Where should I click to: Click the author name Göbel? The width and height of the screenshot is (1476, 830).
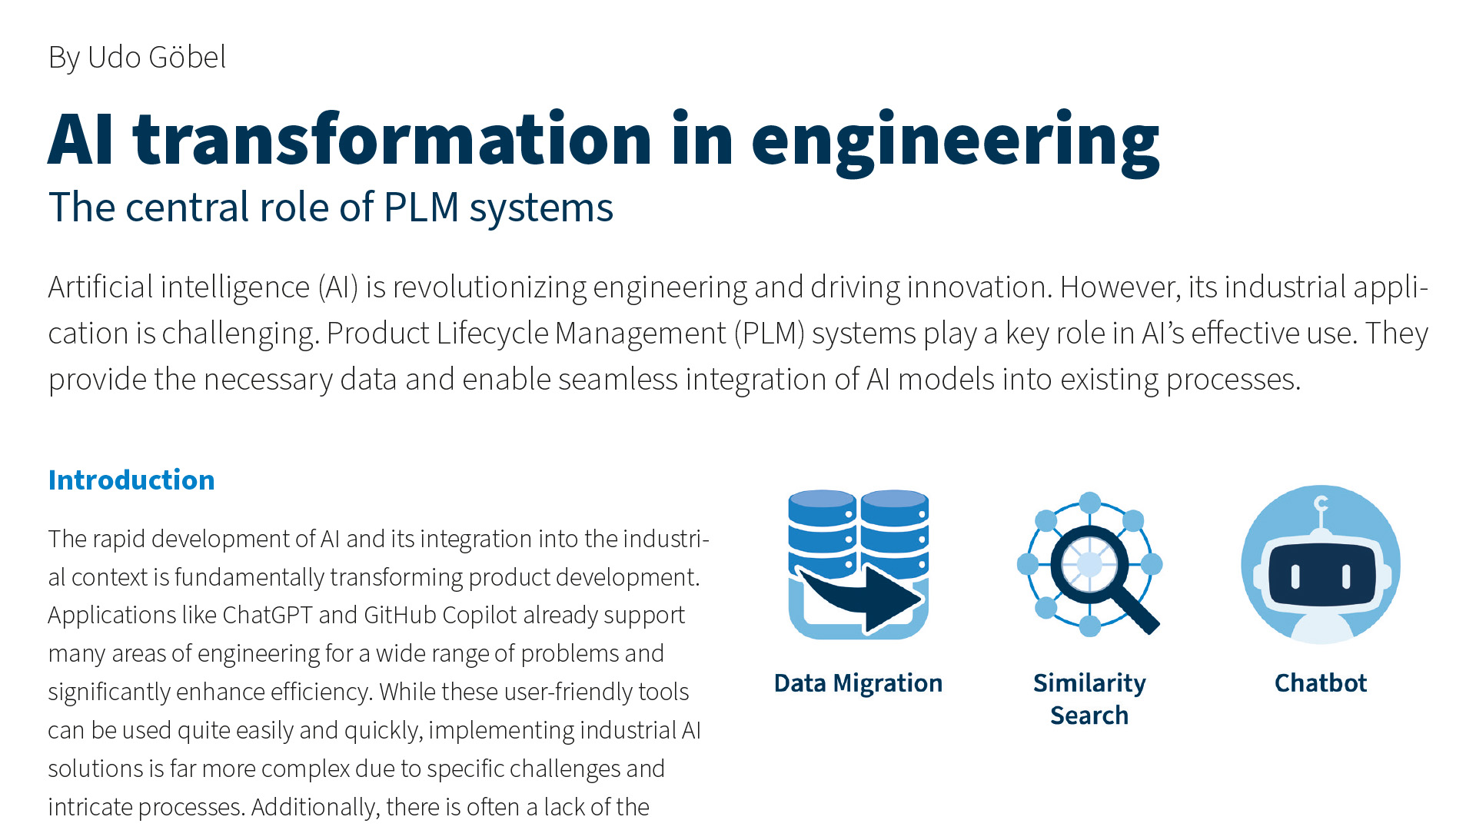coord(187,57)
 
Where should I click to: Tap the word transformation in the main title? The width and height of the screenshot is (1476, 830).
coord(392,139)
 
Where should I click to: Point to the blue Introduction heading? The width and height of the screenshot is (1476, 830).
coord(131,480)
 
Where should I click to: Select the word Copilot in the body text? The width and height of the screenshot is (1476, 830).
coord(479,615)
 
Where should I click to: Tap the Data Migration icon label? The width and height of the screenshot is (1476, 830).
coord(858,682)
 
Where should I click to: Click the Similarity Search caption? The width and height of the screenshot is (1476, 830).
coord(1089,699)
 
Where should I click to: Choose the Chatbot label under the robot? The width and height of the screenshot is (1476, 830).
coord(1321,682)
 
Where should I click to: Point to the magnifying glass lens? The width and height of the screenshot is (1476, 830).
coord(1089,563)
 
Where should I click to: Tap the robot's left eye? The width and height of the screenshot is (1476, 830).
coord(1295,576)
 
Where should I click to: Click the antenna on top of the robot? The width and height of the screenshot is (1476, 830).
coord(1321,512)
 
